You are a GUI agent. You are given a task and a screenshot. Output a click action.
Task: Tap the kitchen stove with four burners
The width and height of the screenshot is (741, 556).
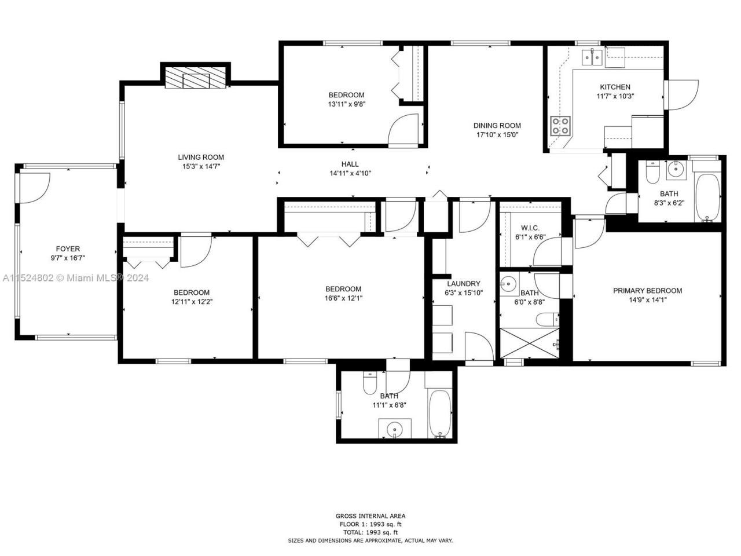pos(560,126)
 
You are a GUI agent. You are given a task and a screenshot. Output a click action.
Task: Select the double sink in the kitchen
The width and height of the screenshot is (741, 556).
pos(592,57)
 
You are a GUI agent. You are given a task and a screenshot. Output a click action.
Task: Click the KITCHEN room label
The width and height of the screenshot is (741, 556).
pos(615,87)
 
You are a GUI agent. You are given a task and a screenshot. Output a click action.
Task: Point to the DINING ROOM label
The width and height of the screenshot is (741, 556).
pos(497,125)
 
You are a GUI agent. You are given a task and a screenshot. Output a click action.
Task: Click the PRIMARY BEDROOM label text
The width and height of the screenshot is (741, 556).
pos(647,291)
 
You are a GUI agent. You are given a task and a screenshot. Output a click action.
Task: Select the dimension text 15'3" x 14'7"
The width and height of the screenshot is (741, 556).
pos(201,166)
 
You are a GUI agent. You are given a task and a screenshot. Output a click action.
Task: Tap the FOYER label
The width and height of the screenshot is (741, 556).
pos(68,249)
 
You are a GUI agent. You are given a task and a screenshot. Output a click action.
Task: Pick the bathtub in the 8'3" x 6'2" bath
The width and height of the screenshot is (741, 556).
pos(707,197)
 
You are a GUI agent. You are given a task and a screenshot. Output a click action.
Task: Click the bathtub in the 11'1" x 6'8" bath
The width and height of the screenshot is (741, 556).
pos(439,414)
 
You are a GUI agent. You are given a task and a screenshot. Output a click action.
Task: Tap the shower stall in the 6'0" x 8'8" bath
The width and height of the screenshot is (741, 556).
pos(529,343)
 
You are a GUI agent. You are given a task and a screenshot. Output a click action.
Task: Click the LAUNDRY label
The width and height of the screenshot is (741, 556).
pos(463,284)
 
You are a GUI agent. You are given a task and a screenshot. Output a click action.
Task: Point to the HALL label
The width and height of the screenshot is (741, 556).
pos(350,164)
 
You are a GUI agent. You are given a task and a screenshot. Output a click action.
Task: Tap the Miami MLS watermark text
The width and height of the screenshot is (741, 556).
pos(75,278)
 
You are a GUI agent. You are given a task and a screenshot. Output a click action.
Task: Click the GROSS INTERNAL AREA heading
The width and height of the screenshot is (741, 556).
pos(370,516)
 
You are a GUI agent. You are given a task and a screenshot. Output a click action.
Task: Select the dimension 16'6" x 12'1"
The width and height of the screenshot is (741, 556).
pos(343,298)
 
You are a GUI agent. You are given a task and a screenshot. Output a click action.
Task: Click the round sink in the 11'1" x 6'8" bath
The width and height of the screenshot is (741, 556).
pos(395,430)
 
